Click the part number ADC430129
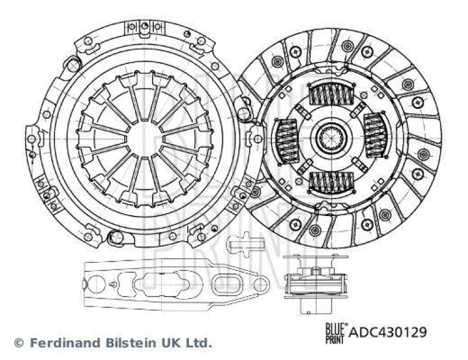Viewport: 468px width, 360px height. [x=388, y=332]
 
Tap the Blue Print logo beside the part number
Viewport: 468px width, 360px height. [x=335, y=332]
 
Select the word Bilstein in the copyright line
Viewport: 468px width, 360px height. [x=118, y=342]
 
